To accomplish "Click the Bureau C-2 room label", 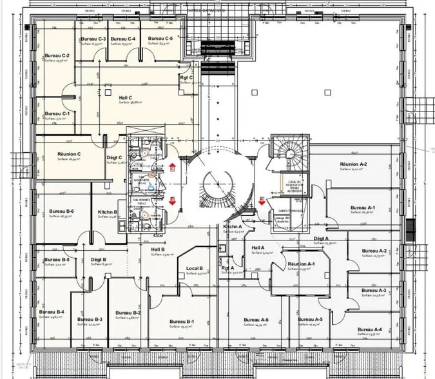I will point(57,56).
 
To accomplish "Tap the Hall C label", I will point(126,97).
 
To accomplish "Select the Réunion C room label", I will point(69,154).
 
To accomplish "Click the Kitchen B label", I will point(107,212).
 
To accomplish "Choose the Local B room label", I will point(195,268).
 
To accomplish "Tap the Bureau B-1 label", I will point(182,322).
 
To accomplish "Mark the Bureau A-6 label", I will point(256,320).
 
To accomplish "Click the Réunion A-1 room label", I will point(301,264).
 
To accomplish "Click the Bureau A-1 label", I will point(363,208).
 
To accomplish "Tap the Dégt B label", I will point(99,260).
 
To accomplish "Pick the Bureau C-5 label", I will point(160,39).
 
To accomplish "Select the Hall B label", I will point(158,249).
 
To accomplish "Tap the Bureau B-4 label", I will point(51,312).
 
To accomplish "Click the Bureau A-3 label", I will point(374,291).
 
